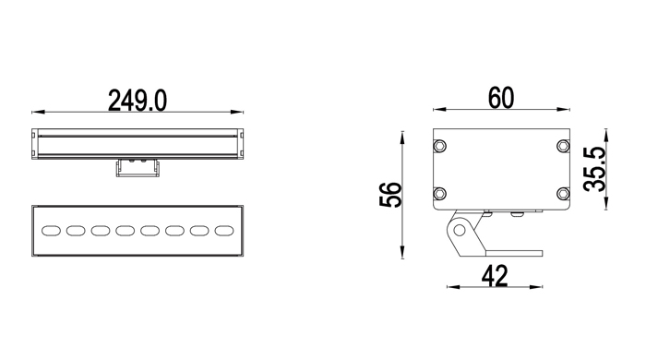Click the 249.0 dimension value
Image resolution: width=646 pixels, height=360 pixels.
click(138, 101)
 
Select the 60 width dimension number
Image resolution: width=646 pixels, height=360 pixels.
click(501, 98)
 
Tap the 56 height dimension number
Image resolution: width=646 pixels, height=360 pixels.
click(390, 195)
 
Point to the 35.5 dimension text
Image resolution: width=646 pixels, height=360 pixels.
click(595, 169)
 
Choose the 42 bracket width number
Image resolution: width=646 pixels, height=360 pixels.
click(495, 276)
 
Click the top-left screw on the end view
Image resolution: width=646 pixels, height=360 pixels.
click(440, 146)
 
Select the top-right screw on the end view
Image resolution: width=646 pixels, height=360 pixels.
click(563, 146)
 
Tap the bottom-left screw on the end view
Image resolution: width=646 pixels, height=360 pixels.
click(440, 193)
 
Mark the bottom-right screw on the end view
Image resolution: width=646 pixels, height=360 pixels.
click(563, 193)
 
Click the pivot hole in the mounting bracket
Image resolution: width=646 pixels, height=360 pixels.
click(459, 230)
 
